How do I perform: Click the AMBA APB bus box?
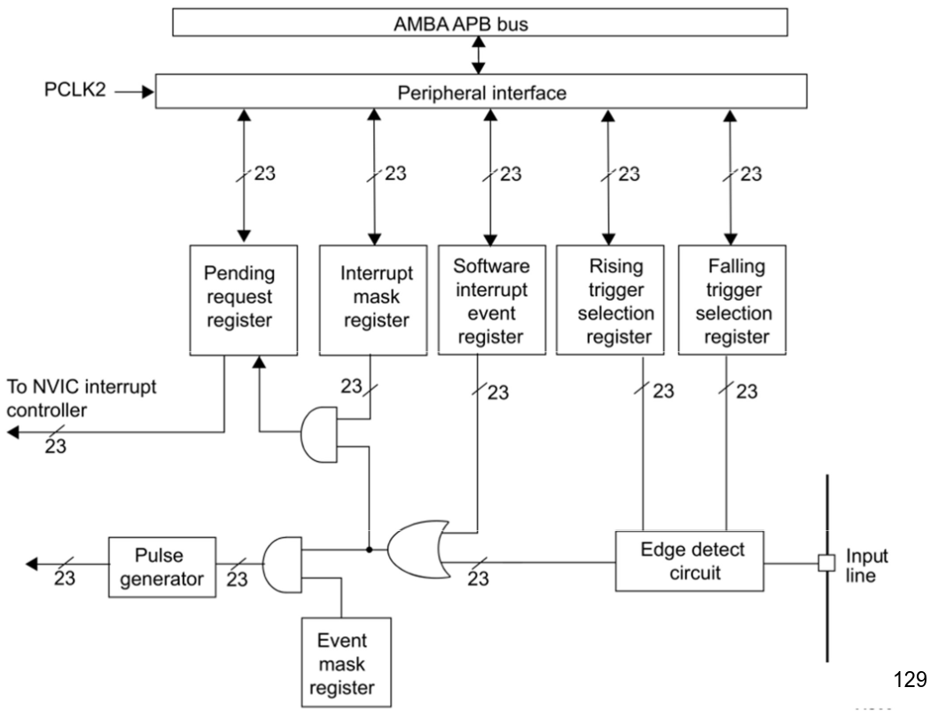(480, 24)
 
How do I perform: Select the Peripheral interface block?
(481, 91)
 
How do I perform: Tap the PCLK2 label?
(75, 90)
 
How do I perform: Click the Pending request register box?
(239, 298)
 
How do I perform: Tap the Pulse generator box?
(160, 567)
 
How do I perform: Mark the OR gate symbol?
(416, 549)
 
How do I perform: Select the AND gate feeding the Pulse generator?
(283, 562)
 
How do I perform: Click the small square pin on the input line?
(826, 562)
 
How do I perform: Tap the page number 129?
(910, 680)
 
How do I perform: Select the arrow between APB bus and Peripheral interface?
(480, 55)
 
